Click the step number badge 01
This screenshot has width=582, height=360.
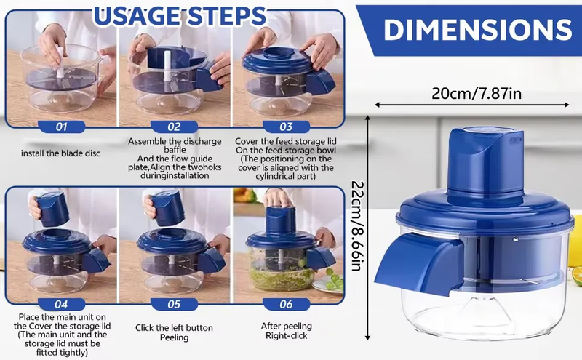[61, 127]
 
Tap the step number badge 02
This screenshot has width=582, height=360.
[174, 127]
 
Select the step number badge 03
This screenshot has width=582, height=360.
[286, 127]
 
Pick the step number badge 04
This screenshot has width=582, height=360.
[61, 304]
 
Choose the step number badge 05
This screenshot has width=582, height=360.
[174, 304]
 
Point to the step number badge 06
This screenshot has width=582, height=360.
[286, 304]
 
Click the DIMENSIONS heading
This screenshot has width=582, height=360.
[478, 30]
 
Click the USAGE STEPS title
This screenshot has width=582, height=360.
[180, 16]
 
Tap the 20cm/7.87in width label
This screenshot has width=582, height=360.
[477, 93]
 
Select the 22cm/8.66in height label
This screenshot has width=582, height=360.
[357, 226]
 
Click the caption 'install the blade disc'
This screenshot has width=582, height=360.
[60, 153]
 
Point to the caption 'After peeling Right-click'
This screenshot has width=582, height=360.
[286, 331]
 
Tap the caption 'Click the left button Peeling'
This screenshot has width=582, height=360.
[174, 332]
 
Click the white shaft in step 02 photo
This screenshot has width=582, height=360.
[167, 66]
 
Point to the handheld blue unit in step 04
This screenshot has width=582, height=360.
[52, 209]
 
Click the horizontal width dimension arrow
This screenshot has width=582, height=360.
[471, 105]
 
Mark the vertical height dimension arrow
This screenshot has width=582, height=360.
[367, 228]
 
